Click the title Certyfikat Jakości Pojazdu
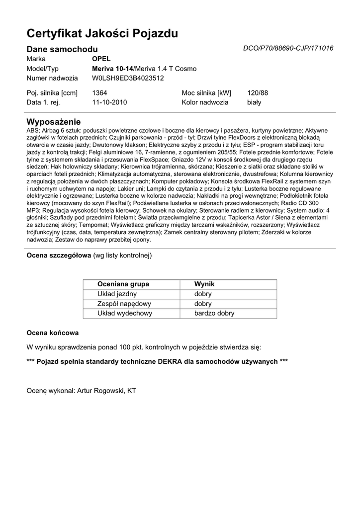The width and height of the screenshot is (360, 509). point(102,34)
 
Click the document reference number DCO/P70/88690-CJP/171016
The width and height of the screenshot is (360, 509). point(288,49)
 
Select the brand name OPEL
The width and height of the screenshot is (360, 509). point(101,59)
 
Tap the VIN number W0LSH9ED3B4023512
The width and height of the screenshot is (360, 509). point(128,78)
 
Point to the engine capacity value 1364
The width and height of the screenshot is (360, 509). point(99,93)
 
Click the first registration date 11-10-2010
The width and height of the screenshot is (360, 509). point(109,102)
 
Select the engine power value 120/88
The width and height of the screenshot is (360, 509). point(258,93)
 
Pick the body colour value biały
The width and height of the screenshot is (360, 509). point(254,102)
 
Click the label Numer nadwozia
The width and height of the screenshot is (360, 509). point(52,78)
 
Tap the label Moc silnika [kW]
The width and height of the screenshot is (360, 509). point(206,93)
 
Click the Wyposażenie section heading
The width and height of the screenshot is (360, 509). point(53,122)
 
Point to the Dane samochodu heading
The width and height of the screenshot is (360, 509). point(62,49)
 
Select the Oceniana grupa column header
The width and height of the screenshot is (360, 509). point(123,284)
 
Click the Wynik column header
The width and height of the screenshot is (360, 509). point(204,284)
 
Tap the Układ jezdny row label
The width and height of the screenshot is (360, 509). point(117,294)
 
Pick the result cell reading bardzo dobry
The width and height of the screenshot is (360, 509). point(214,314)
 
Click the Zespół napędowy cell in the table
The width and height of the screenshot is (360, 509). point(124,304)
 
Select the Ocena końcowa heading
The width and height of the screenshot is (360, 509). point(52,333)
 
